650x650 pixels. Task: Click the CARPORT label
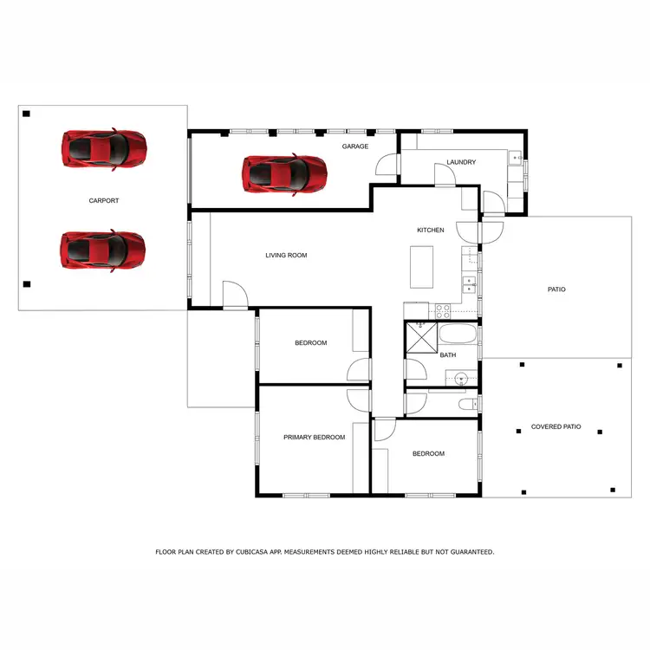pyautogui.click(x=104, y=201)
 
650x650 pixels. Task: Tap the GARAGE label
pyautogui.click(x=355, y=146)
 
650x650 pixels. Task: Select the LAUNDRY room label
pyautogui.click(x=461, y=162)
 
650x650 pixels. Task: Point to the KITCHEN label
pyautogui.click(x=431, y=231)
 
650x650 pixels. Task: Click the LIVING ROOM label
pyautogui.click(x=286, y=256)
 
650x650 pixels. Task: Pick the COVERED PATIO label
pyautogui.click(x=556, y=427)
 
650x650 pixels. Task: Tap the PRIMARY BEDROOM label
pyautogui.click(x=314, y=438)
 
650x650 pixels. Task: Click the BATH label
pyautogui.click(x=448, y=355)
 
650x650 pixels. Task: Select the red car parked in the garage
pyautogui.click(x=285, y=172)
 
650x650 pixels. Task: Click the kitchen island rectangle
pyautogui.click(x=422, y=266)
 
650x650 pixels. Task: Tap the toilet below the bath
pyautogui.click(x=466, y=406)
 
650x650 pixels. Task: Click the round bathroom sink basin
pyautogui.click(x=462, y=378)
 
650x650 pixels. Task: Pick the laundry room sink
pyautogui.click(x=514, y=158)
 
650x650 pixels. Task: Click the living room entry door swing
pyautogui.click(x=234, y=295)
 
